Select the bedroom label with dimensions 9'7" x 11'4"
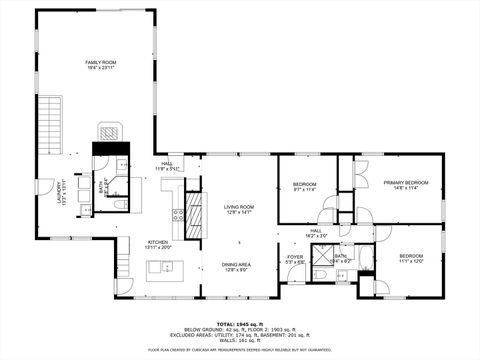(x=305, y=186)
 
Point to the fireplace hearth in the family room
(x=111, y=132)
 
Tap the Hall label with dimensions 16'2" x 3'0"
(x=316, y=233)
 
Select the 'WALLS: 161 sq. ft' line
(x=239, y=341)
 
